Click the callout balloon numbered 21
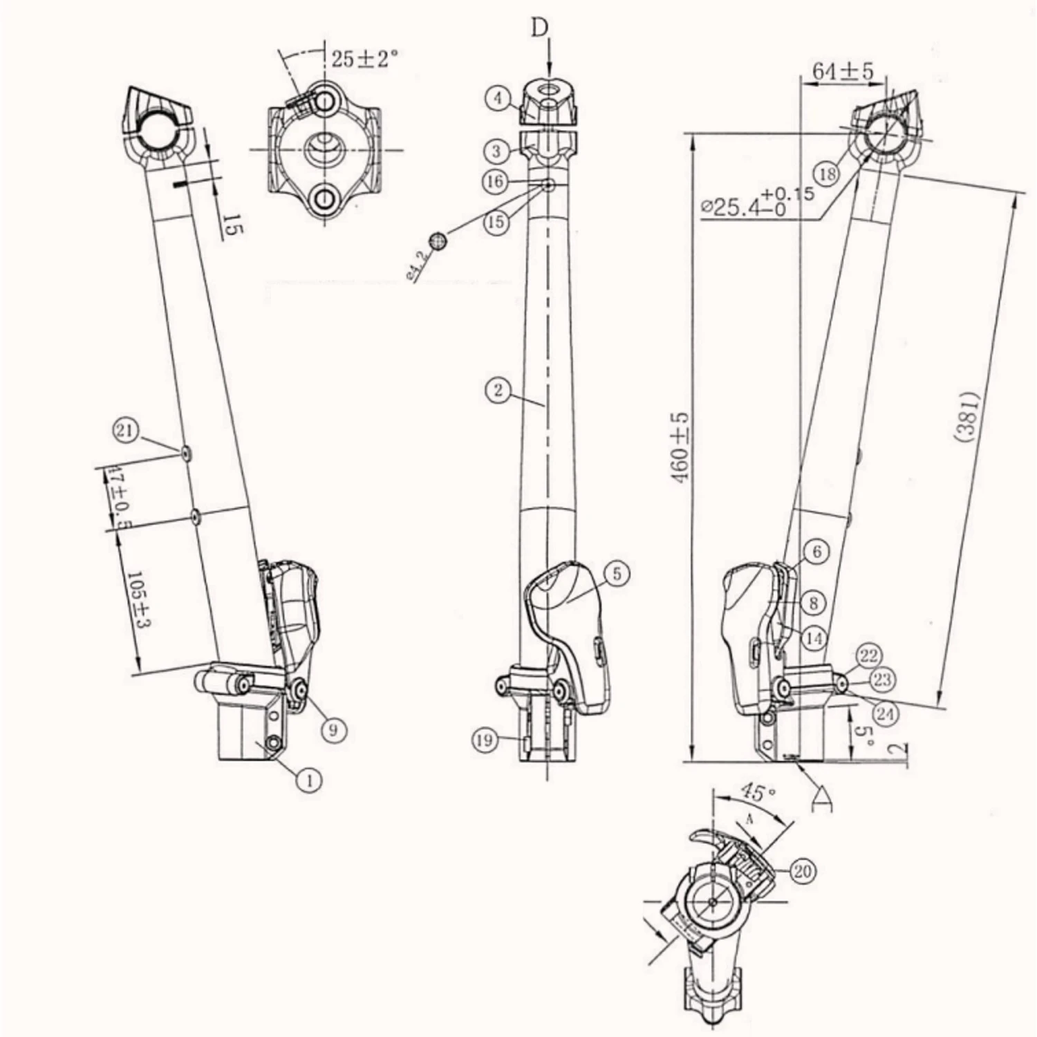click(x=125, y=432)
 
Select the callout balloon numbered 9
click(x=333, y=729)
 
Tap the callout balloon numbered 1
click(x=309, y=781)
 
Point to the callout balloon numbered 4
click(x=498, y=98)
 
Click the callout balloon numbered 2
click(x=498, y=391)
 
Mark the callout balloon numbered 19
click(x=485, y=740)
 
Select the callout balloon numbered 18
click(x=827, y=174)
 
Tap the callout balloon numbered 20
click(x=802, y=872)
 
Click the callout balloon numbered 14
click(x=814, y=638)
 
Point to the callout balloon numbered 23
click(x=881, y=679)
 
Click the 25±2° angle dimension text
click(x=364, y=59)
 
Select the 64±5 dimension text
click(x=843, y=71)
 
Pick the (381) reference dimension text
click(x=968, y=415)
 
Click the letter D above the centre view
click(x=539, y=28)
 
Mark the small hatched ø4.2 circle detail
click(x=437, y=241)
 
